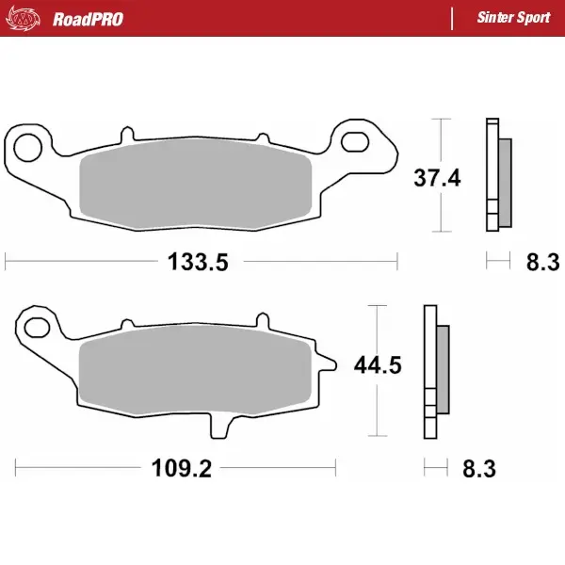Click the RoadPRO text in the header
tap(88, 18)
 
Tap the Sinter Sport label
tap(514, 18)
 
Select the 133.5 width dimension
tap(199, 262)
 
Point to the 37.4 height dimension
tap(438, 176)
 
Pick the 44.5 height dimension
tap(378, 365)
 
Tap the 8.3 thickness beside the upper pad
tap(541, 262)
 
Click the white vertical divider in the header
tap(452, 18)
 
